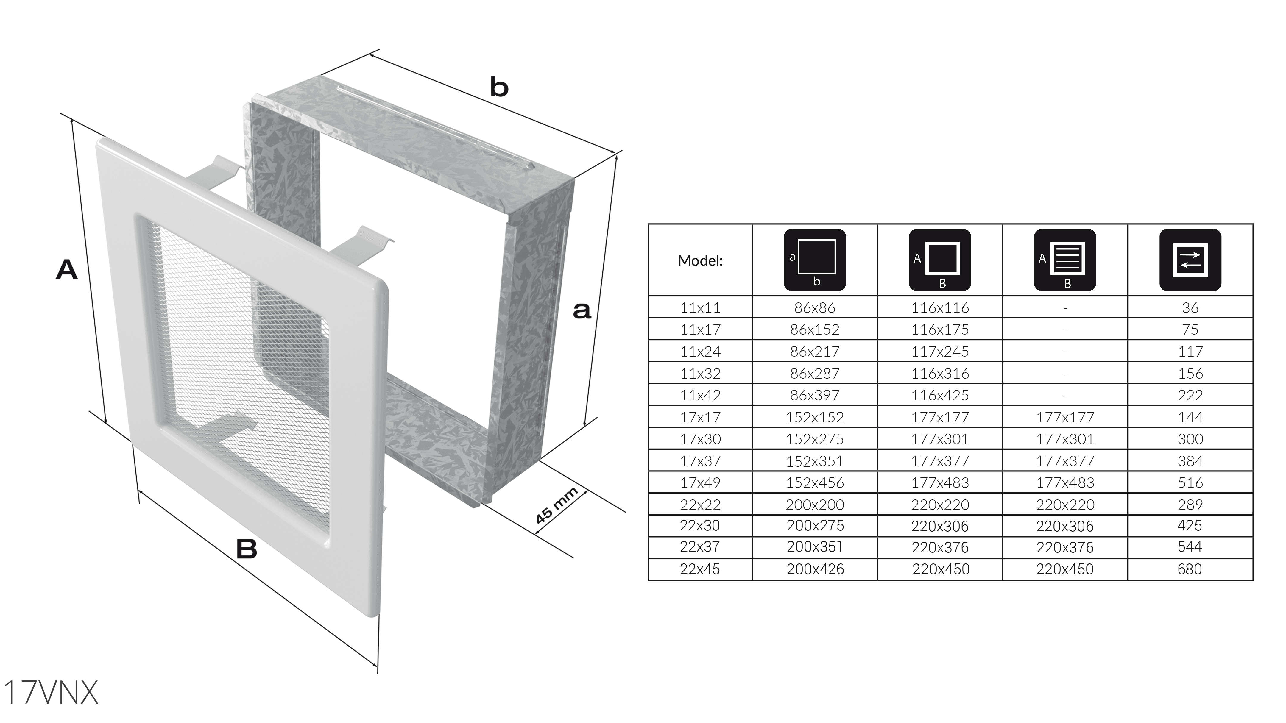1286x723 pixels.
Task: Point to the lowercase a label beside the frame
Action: click(x=582, y=310)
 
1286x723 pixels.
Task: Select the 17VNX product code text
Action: click(x=50, y=693)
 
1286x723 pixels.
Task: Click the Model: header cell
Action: click(x=700, y=260)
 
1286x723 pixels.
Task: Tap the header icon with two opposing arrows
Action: click(x=1190, y=260)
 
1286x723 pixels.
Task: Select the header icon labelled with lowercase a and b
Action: click(x=815, y=260)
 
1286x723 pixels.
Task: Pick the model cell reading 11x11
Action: click(x=700, y=308)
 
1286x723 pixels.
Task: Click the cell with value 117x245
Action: click(x=940, y=351)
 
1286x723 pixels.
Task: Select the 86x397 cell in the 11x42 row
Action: click(x=815, y=395)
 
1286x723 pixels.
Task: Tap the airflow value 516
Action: click(x=1190, y=482)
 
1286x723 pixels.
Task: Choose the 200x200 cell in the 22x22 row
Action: click(x=815, y=505)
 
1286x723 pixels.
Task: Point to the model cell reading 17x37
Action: click(x=700, y=460)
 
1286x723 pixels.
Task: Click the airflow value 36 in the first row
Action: click(x=1190, y=308)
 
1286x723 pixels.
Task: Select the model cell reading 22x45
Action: click(x=700, y=569)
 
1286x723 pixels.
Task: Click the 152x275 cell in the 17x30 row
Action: click(x=815, y=439)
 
